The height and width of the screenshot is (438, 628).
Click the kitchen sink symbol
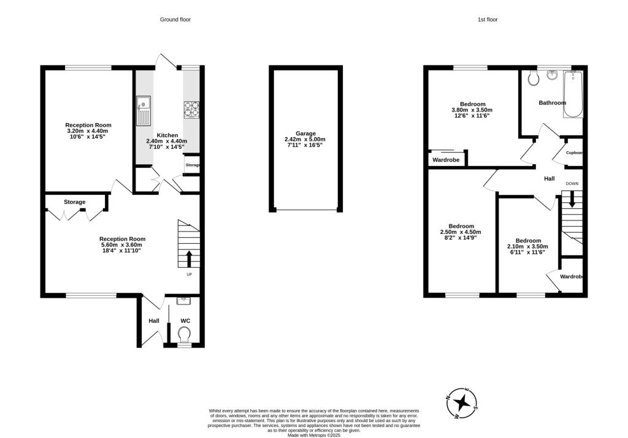[x=144, y=110]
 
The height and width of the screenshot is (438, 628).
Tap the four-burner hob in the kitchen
[x=191, y=110]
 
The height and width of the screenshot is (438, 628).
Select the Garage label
[x=305, y=134]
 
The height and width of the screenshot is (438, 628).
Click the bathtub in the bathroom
[x=573, y=94]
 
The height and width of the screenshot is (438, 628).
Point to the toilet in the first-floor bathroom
[x=533, y=78]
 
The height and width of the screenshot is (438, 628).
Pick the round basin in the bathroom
[x=553, y=75]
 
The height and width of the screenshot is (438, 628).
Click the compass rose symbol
[x=462, y=403]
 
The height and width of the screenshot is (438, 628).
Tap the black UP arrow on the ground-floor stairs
[x=189, y=259]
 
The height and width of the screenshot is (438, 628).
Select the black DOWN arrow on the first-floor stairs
[x=572, y=199]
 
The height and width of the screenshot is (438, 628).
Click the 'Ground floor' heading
[x=175, y=19]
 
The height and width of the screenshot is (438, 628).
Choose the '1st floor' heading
[x=488, y=19]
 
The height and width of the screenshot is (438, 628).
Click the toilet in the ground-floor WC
[x=185, y=335]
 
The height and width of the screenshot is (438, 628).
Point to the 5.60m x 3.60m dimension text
[x=122, y=245]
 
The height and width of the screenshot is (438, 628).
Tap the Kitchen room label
[x=167, y=135]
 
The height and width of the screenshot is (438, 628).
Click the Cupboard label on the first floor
[x=574, y=153]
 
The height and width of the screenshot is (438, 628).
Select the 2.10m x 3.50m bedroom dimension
[x=527, y=246]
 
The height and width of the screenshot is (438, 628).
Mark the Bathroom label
[x=553, y=103]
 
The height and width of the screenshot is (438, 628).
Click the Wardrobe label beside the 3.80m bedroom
[x=446, y=160]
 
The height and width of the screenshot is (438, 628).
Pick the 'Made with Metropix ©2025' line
[x=314, y=435]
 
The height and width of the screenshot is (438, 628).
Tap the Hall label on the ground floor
[x=154, y=321]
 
